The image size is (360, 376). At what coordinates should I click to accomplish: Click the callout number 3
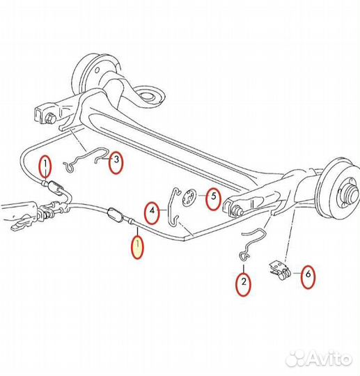coord(116,159)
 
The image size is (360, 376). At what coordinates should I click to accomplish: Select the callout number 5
coord(214,196)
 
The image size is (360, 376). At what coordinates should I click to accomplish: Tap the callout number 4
coord(152,211)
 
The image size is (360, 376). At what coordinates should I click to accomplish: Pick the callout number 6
coord(308,274)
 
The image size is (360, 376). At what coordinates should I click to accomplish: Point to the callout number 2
coord(244,281)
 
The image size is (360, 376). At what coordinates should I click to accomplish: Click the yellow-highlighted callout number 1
coord(138,244)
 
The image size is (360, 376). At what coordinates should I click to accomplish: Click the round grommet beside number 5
coord(189,198)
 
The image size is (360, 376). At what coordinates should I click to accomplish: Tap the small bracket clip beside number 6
coord(280,270)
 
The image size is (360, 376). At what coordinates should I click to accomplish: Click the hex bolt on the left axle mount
coord(50,118)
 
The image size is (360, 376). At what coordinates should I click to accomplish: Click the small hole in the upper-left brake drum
coord(97,70)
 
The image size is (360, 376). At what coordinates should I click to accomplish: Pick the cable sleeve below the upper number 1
coord(55,187)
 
